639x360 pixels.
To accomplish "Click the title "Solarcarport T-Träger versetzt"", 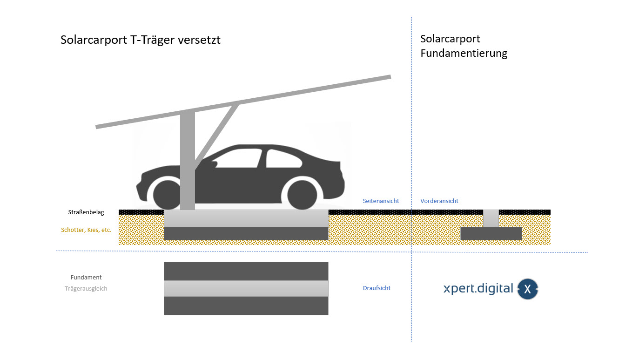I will [140, 40].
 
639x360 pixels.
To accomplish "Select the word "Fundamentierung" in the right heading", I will [464, 54].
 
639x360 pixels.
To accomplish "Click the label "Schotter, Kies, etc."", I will [86, 230].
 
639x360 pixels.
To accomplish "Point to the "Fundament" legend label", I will [86, 278].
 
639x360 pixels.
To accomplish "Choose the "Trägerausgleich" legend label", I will [86, 289].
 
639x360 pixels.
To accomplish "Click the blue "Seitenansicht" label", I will [381, 201].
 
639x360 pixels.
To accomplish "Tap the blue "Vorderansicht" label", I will [439, 201].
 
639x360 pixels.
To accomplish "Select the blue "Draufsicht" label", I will [377, 288].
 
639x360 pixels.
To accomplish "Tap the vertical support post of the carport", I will [188, 177].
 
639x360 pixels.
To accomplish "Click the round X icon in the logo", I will [527, 289].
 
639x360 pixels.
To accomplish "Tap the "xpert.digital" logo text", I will [478, 289].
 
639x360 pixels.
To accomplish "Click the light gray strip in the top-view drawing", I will [246, 289].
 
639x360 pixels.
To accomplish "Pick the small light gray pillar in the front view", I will [491, 218].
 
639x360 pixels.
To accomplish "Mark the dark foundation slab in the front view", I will [491, 234].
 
